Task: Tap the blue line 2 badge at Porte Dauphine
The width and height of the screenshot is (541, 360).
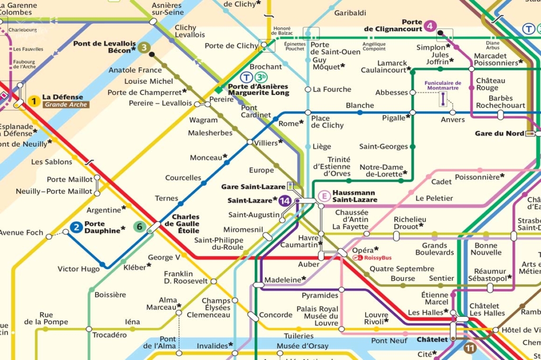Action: [x=77, y=228]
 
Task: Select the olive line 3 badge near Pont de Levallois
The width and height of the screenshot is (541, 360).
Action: [x=144, y=48]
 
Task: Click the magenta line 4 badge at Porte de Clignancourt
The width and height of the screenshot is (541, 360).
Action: [x=431, y=25]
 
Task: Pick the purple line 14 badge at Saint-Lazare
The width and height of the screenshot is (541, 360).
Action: [x=285, y=201]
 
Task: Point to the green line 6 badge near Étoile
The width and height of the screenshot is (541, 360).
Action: [x=139, y=227]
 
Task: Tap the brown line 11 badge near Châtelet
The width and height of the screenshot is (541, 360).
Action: [x=470, y=348]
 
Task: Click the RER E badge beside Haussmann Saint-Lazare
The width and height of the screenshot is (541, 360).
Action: [x=323, y=196]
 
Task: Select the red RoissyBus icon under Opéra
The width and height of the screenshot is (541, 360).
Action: [x=357, y=258]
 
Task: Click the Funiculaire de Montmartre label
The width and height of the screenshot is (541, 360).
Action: [x=443, y=86]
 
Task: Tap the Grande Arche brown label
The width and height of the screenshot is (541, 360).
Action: [x=66, y=105]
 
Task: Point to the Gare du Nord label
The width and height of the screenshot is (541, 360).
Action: [x=499, y=133]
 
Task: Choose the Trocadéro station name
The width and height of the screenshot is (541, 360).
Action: [x=110, y=335]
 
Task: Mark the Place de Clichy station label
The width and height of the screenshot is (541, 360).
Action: [x=327, y=122]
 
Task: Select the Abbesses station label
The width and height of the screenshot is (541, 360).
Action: [x=391, y=92]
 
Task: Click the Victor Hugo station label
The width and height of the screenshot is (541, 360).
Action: [x=78, y=269]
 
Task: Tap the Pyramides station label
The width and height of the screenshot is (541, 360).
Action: [x=320, y=295]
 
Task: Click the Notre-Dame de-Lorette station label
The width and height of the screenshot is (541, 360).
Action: [x=383, y=170]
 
